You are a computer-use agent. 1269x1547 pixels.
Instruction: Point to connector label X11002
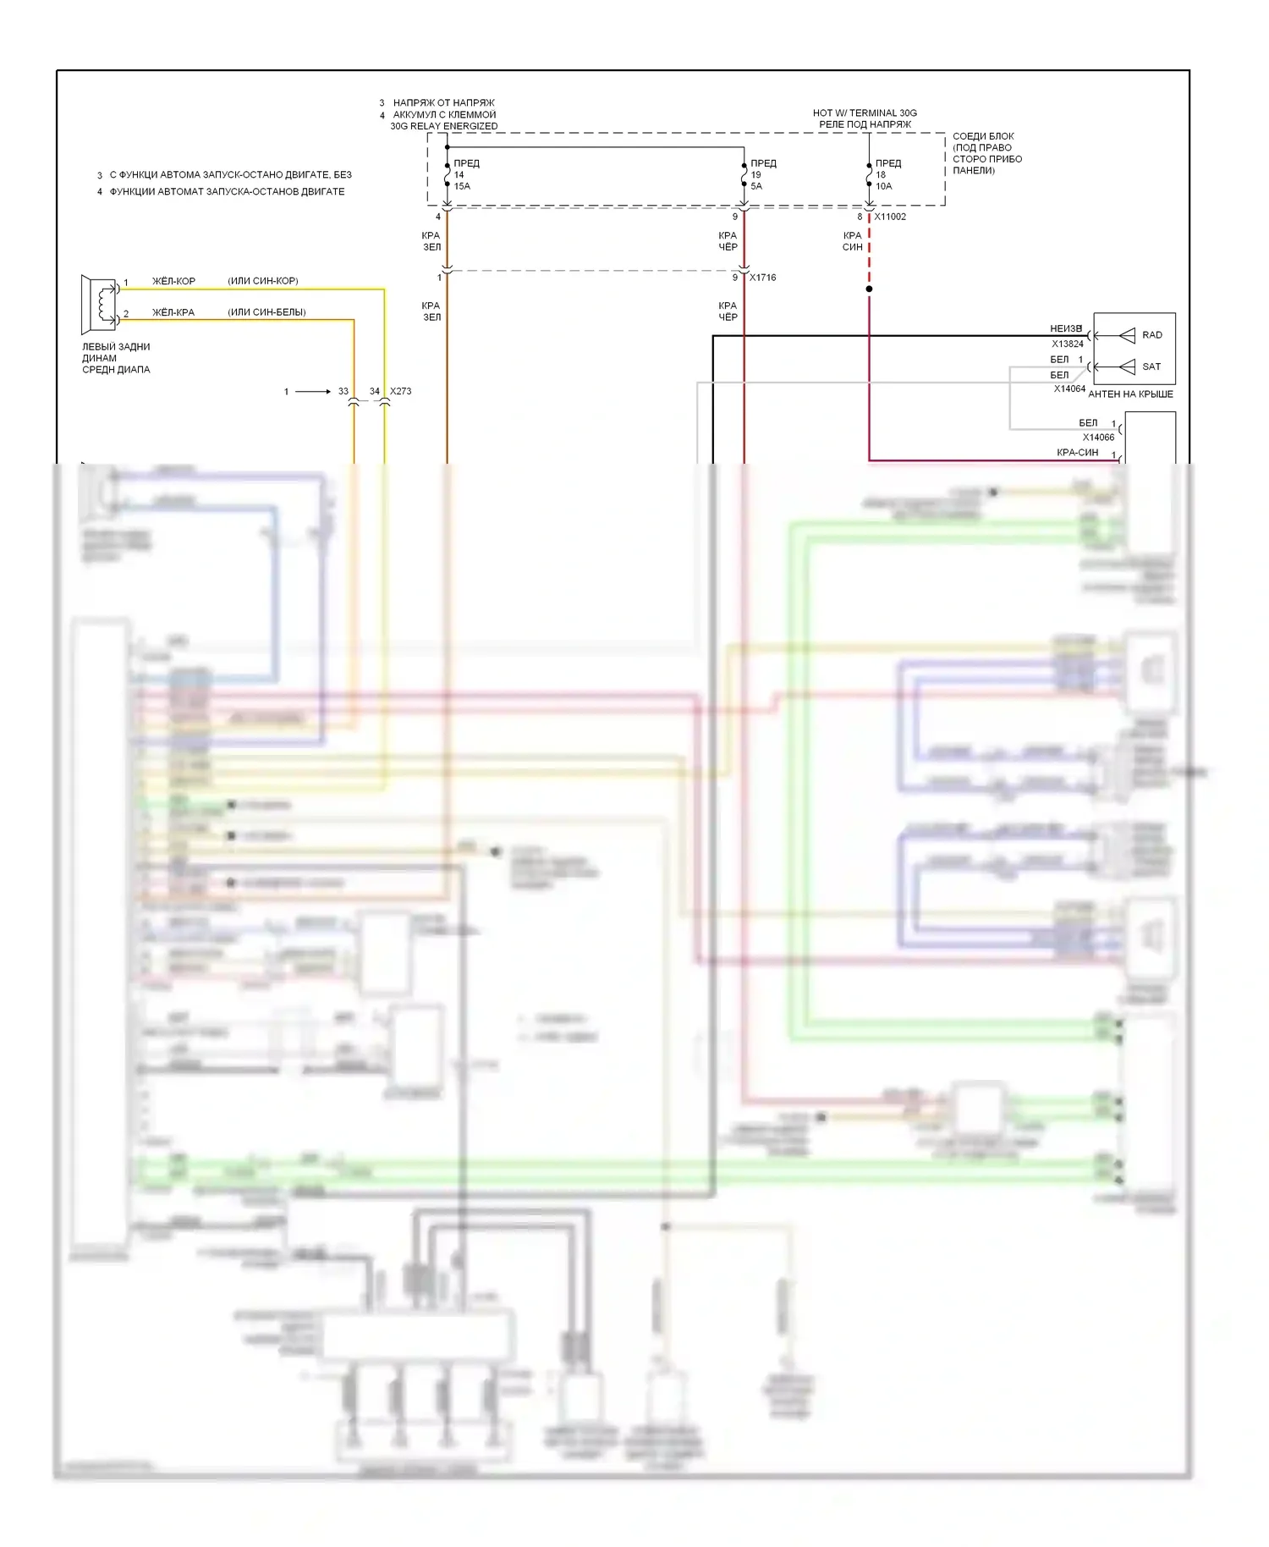(x=890, y=217)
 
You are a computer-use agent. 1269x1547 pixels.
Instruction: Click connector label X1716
(x=762, y=278)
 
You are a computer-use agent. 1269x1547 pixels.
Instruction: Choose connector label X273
(x=401, y=391)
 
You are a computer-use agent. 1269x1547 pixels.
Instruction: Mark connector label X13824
(x=1068, y=344)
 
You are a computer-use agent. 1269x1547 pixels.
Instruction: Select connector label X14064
(x=1069, y=388)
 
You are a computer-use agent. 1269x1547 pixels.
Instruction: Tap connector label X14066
(x=1098, y=437)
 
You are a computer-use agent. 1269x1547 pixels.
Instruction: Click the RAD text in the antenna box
(x=1152, y=335)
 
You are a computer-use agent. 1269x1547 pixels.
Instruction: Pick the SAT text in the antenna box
(x=1151, y=366)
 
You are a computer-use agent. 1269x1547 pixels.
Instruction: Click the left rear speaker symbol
(x=99, y=304)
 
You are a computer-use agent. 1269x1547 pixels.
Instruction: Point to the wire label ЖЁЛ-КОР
(x=173, y=281)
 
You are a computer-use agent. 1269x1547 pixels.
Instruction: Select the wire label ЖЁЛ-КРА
(x=173, y=312)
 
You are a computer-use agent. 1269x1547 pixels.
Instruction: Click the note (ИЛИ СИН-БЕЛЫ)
(x=266, y=312)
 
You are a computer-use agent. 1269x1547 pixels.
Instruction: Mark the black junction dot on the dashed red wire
(x=869, y=289)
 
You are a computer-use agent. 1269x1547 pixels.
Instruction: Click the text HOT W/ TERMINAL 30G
(x=865, y=113)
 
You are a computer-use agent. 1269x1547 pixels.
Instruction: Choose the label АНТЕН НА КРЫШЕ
(x=1130, y=394)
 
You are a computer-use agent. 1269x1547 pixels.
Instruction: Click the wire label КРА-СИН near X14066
(x=1077, y=453)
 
